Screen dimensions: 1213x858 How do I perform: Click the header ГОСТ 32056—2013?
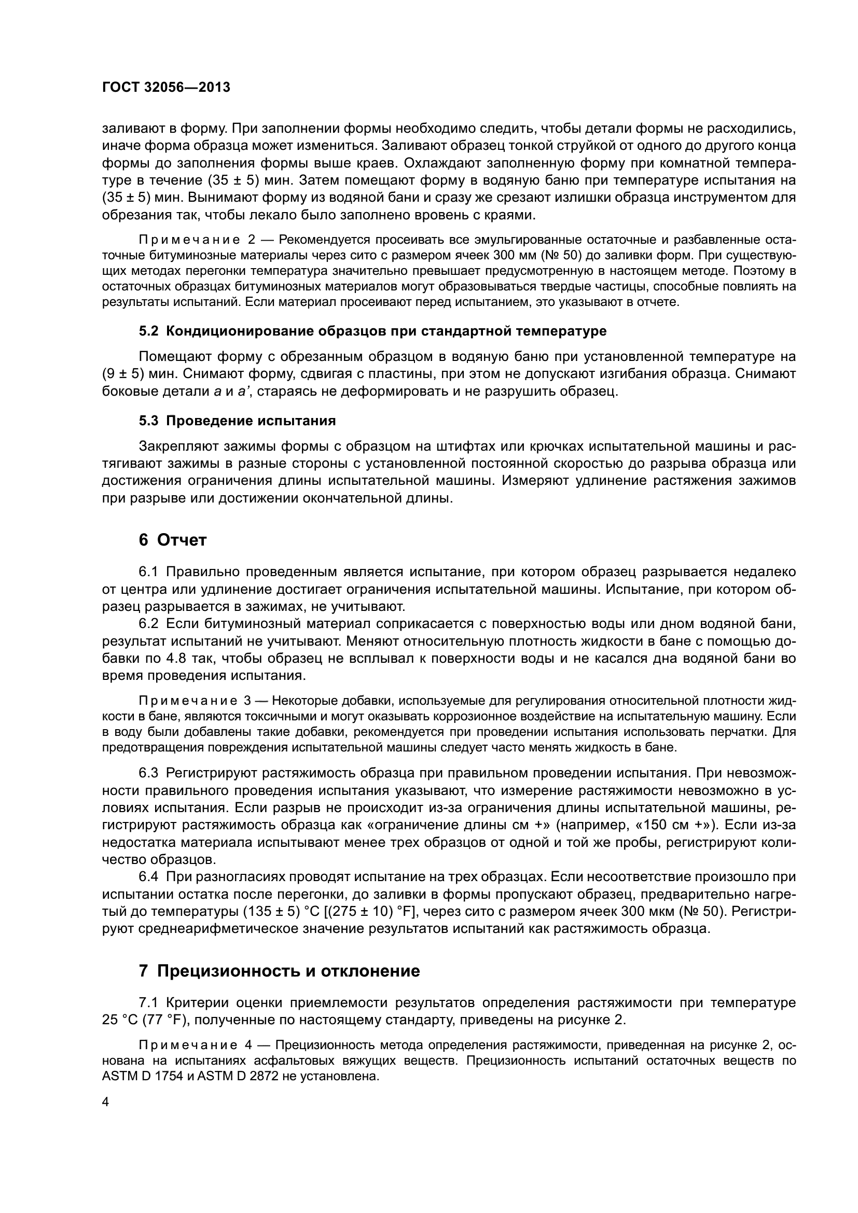coord(166,88)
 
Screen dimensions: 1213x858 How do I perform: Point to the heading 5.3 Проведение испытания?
coord(237,421)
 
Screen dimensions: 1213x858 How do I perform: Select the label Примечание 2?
coord(197,240)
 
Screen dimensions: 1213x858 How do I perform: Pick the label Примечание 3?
coord(195,701)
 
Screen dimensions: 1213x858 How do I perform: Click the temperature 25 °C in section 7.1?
coord(119,1020)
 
